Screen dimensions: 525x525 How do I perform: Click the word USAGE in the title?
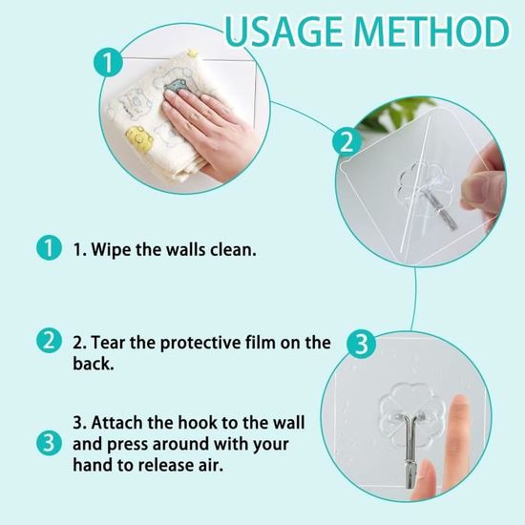pyautogui.click(x=284, y=31)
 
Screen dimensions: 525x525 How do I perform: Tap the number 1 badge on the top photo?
pyautogui.click(x=108, y=62)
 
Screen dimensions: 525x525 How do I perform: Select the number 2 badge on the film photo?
pyautogui.click(x=346, y=142)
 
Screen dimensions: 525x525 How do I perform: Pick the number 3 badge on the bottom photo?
pyautogui.click(x=362, y=345)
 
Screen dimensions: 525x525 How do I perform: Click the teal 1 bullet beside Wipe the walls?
pyautogui.click(x=49, y=248)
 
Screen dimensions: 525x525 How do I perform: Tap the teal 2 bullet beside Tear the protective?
pyautogui.click(x=49, y=340)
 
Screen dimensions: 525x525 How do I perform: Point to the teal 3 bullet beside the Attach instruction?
pyautogui.click(x=49, y=443)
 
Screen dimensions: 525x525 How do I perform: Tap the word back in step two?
pyautogui.click(x=94, y=364)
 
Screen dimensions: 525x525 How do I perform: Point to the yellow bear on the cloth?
pyautogui.click(x=139, y=137)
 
